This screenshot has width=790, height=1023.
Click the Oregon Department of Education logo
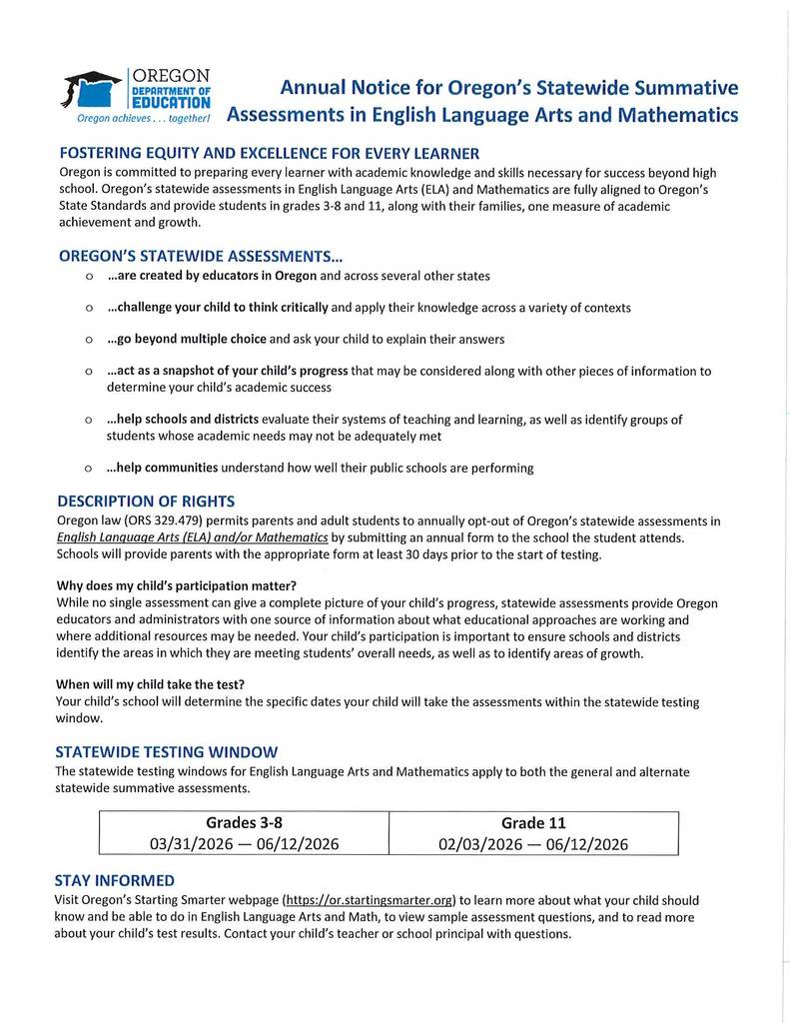(x=136, y=92)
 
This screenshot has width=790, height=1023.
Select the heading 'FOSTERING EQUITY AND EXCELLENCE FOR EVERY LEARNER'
(x=269, y=153)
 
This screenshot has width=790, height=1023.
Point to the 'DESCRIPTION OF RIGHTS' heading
(x=146, y=501)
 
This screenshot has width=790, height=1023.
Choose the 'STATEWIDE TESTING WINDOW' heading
(x=167, y=751)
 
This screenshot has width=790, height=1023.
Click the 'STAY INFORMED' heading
(x=115, y=880)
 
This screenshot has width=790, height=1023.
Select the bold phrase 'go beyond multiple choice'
(x=187, y=339)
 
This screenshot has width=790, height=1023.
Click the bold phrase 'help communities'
(x=162, y=468)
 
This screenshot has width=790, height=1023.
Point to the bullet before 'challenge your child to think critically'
(x=90, y=308)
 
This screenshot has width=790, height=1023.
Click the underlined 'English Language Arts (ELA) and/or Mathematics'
(x=192, y=537)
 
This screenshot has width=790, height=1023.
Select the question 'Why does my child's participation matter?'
(x=176, y=584)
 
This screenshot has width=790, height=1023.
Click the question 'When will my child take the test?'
(x=151, y=684)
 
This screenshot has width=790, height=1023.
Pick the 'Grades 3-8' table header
(x=244, y=822)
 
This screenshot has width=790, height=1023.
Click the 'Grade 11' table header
(x=532, y=823)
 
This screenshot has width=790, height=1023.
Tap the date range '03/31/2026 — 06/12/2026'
(x=244, y=844)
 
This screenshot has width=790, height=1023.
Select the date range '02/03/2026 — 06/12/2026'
(x=532, y=844)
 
